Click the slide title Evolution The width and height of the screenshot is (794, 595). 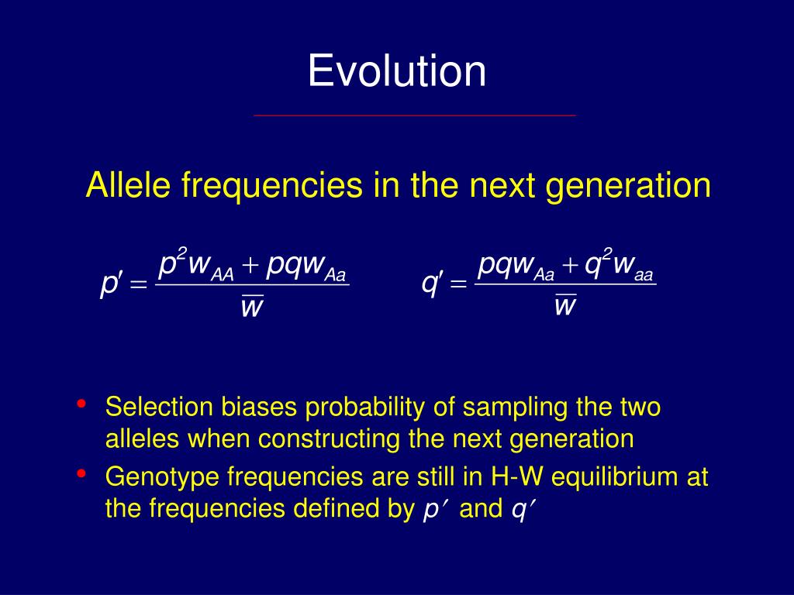coord(397,71)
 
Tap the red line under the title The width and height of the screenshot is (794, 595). coord(415,115)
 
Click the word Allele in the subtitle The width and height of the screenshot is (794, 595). coord(129,184)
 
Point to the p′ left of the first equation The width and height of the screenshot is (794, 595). coord(111,284)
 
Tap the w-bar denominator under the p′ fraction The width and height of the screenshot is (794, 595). coord(252,305)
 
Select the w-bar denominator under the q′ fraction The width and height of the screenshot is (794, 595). coord(565,304)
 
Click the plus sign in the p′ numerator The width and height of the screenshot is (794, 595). coord(250,265)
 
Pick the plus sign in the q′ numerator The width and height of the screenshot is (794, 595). coord(570,265)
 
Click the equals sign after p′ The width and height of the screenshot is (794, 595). coord(138,285)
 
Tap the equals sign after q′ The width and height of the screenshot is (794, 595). coord(458,284)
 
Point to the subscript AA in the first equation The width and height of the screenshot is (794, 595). coord(223,275)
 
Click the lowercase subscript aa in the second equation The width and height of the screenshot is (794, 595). coord(644,275)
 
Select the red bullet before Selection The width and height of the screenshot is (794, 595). coord(81,404)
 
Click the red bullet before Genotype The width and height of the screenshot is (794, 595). coord(81,473)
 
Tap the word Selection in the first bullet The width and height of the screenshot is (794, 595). coord(159,407)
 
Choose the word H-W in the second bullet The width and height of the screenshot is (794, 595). coord(516,476)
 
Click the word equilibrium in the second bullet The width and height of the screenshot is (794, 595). coord(615,477)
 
